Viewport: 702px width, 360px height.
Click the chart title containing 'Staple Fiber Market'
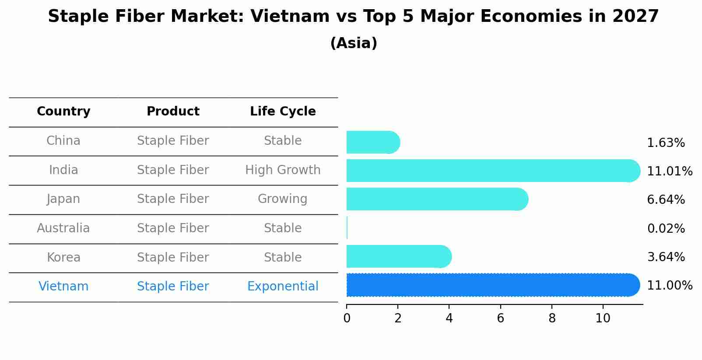[353, 17]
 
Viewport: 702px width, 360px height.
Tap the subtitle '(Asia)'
[354, 43]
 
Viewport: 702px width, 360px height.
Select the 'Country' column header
[63, 112]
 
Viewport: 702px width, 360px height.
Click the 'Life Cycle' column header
[283, 112]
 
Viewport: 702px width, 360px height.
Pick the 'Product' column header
[173, 112]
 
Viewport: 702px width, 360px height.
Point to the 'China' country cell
[63, 141]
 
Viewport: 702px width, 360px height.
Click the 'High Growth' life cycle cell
[283, 170]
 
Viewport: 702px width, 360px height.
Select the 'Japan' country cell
[63, 199]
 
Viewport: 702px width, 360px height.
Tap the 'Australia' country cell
[63, 228]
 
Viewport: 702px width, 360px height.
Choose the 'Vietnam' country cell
[63, 287]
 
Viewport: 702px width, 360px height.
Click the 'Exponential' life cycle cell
[283, 287]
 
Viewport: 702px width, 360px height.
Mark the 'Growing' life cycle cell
[283, 199]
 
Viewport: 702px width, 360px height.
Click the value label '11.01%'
[670, 171]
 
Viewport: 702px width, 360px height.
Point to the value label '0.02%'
[666, 229]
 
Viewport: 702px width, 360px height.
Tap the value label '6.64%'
[666, 200]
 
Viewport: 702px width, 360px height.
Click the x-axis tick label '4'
[449, 318]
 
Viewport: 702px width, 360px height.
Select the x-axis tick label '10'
[603, 318]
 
